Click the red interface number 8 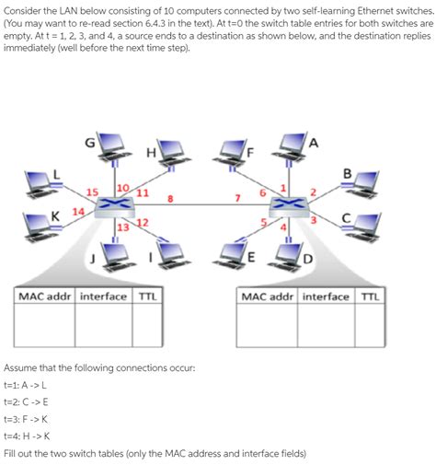[170, 195]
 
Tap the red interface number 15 [91, 192]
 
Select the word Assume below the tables [25, 365]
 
